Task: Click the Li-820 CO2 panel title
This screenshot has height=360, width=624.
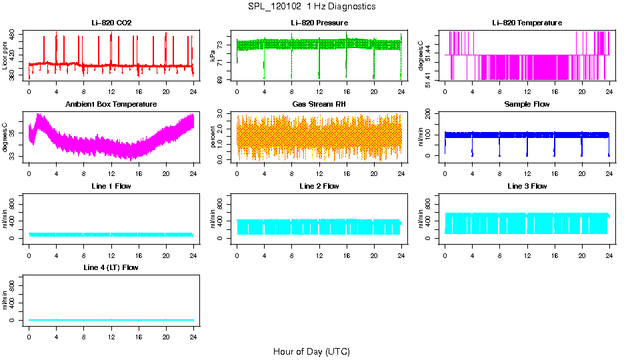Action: coord(111,23)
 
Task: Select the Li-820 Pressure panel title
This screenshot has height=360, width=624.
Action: coord(319,23)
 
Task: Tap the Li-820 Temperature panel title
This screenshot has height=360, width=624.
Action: coord(527,23)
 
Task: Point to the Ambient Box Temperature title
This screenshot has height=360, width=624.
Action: coord(111,105)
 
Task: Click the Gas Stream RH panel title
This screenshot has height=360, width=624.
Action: coord(319,105)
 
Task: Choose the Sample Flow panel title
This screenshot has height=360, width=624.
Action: coord(527,105)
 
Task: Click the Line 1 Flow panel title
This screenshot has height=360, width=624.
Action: coord(111,186)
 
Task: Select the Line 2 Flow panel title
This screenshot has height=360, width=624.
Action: coord(319,186)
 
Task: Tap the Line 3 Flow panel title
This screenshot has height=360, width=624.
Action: coord(527,186)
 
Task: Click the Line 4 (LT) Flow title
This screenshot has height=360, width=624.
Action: coord(111,267)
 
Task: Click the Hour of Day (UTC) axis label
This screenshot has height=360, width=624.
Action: coord(311,351)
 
